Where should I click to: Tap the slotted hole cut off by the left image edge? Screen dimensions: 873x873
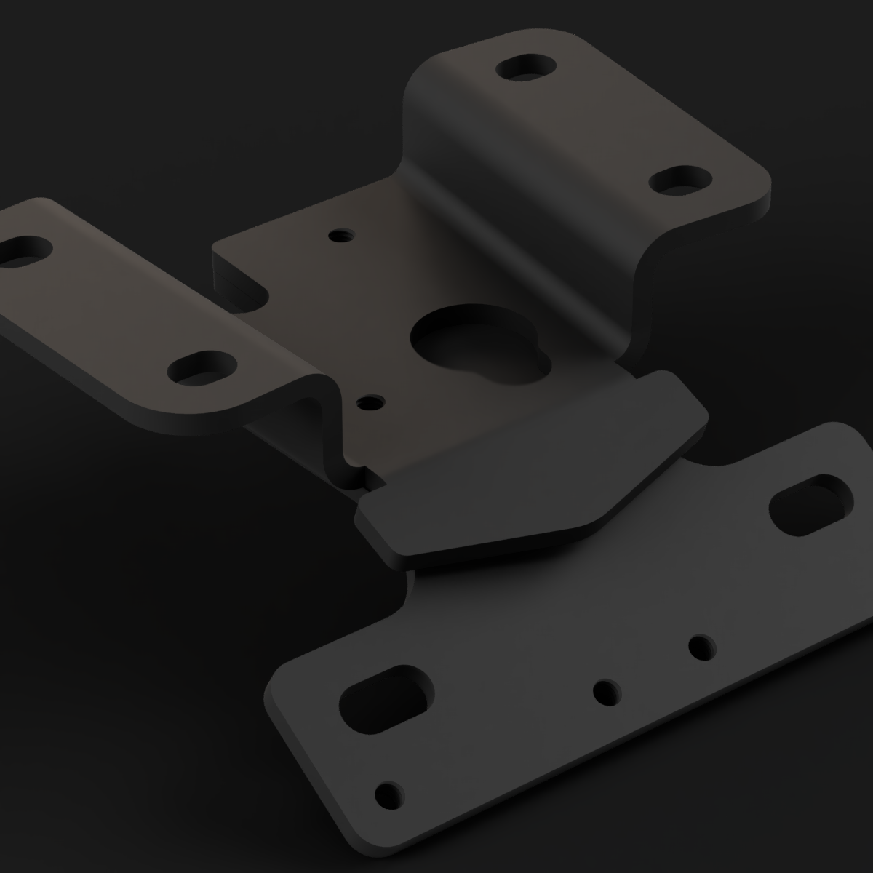coord(22,252)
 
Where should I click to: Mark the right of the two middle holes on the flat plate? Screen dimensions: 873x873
coord(701,646)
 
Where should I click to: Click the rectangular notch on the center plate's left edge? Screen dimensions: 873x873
coord(244,287)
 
